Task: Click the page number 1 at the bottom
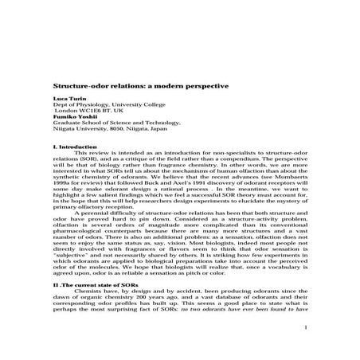305,348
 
